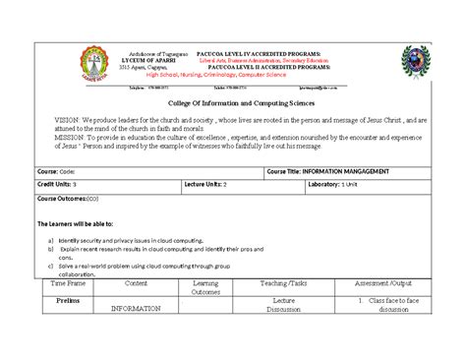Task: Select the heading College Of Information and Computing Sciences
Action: [232, 100]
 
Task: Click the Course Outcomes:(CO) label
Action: [65, 198]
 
